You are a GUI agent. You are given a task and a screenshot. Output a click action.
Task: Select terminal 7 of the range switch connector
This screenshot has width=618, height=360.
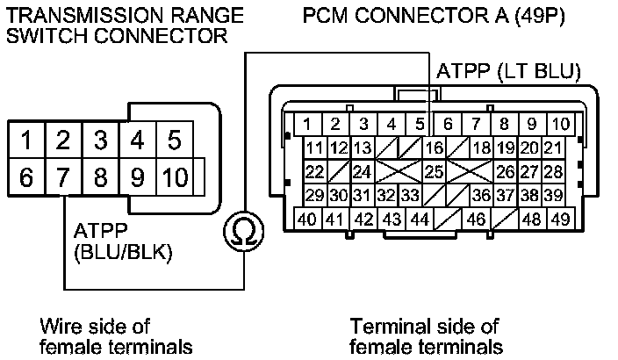click(62, 177)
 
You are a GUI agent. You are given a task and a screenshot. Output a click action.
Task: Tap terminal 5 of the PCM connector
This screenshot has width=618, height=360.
click(420, 124)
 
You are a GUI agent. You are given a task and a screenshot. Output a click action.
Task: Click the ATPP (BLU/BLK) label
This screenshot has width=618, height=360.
click(123, 242)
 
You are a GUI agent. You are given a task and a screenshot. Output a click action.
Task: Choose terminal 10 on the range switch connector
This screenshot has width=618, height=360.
click(175, 177)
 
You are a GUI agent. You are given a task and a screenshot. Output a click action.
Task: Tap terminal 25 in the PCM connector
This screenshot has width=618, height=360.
click(434, 170)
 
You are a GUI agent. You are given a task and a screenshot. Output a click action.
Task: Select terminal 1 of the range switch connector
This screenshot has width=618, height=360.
click(26, 140)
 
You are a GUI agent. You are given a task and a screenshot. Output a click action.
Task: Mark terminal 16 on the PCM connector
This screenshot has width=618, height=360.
click(434, 148)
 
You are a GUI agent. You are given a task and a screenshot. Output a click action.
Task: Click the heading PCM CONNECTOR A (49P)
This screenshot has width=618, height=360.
click(420, 16)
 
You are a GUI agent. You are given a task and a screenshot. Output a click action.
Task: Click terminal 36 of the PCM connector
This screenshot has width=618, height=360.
click(481, 195)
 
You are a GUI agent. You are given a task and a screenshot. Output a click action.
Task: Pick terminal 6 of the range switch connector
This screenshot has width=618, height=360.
click(26, 177)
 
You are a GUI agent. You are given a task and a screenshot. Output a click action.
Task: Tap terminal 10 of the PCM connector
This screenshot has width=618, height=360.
click(561, 124)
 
